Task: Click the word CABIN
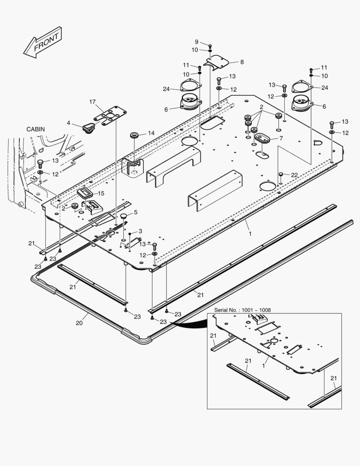tap(35, 129)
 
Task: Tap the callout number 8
tap(242, 62)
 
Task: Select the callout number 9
tap(197, 42)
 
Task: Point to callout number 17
tap(93, 102)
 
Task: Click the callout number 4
tap(68, 123)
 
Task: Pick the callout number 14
tap(151, 133)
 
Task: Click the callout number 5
tap(135, 212)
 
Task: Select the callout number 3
tap(140, 231)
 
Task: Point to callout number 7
tap(281, 139)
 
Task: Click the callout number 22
tap(294, 175)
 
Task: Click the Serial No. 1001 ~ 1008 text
tap(243, 310)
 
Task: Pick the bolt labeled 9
tap(210, 46)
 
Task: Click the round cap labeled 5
tap(123, 215)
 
